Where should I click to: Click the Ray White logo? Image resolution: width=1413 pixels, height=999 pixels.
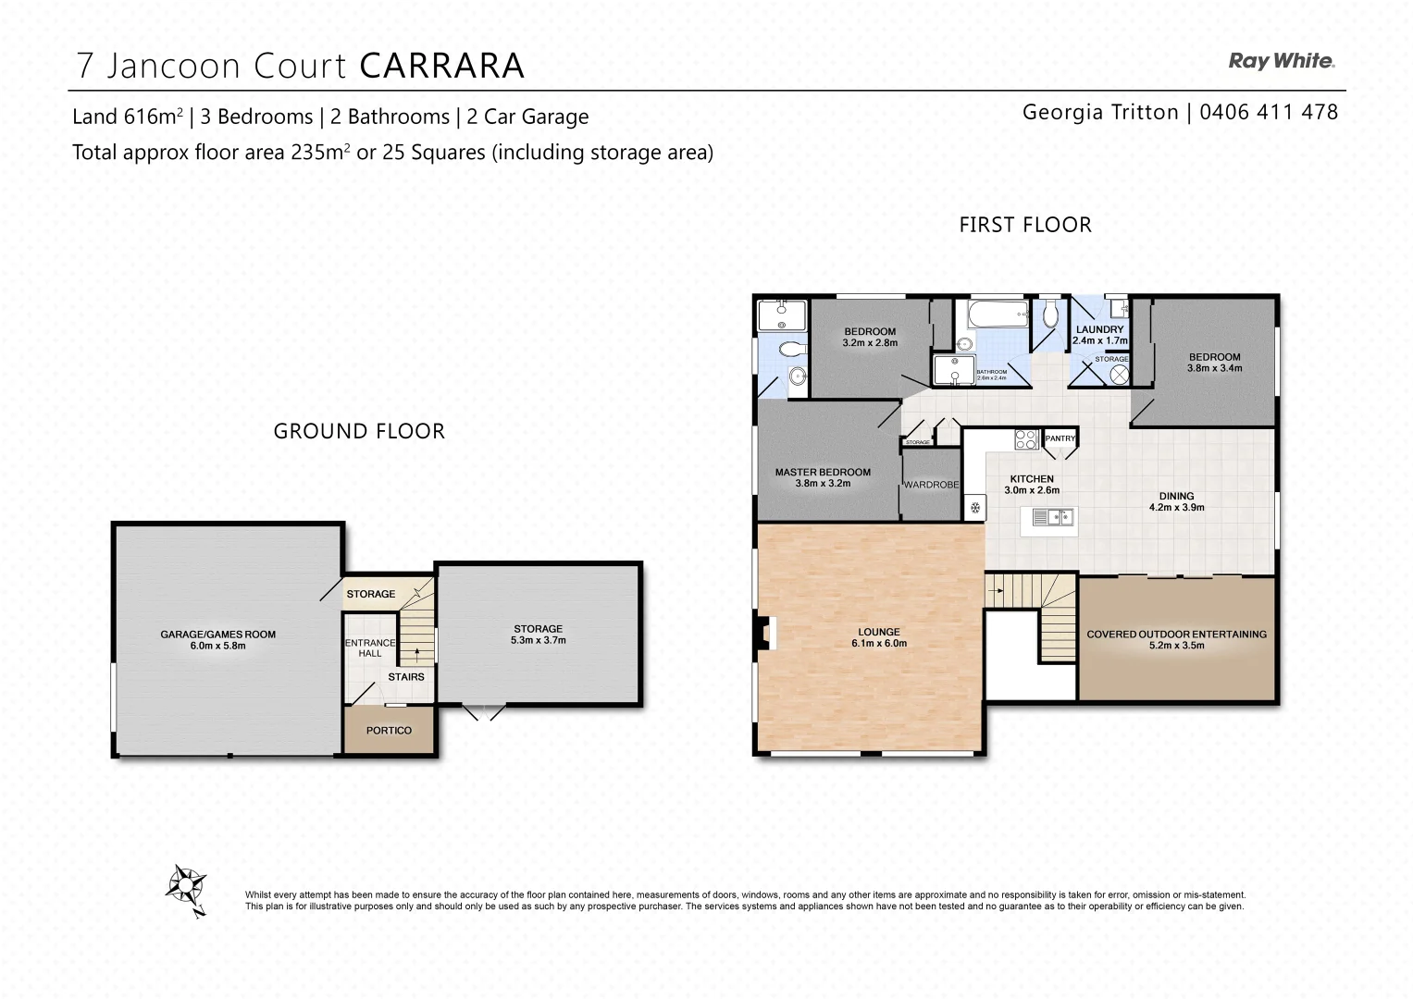point(1281,61)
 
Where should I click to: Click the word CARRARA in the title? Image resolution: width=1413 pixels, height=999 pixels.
point(441,66)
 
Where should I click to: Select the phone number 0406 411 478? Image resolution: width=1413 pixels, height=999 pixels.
point(1269,112)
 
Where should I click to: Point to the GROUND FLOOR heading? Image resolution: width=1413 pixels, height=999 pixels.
point(359,431)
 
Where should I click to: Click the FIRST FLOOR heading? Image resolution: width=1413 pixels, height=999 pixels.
point(1024,225)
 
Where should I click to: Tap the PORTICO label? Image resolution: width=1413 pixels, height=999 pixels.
point(389,731)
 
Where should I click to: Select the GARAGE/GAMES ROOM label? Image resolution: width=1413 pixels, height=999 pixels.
point(218,635)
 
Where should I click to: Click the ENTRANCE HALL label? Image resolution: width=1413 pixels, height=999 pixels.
point(370,647)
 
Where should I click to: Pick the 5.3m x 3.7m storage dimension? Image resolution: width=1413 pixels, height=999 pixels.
point(538,640)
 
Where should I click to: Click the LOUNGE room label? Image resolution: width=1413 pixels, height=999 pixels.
point(878,632)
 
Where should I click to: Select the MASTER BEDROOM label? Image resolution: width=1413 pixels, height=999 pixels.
point(823,472)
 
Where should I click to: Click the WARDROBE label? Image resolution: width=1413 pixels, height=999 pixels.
point(931,485)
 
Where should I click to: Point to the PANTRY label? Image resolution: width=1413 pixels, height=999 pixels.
point(1060,438)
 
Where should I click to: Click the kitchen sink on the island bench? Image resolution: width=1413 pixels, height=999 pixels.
point(1052,517)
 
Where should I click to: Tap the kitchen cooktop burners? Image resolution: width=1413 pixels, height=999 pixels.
point(1025,438)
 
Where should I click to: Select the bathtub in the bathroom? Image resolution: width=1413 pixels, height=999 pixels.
point(998,313)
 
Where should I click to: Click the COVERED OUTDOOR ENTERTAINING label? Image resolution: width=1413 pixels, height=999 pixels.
point(1176,635)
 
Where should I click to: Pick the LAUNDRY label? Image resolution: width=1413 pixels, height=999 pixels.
point(1099,329)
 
